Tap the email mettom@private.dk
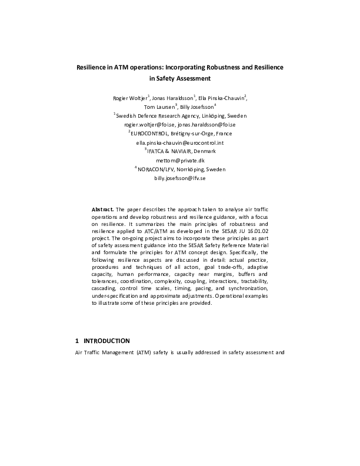(x=179, y=161)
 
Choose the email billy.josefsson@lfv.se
(x=180, y=178)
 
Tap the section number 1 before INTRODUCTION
(x=77, y=341)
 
